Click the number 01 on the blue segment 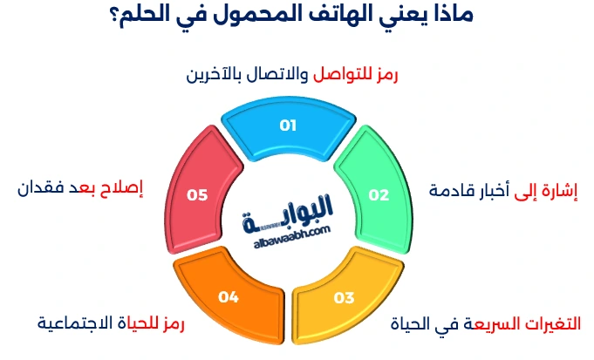(x=288, y=126)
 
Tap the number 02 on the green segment (x=378, y=195)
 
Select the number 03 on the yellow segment (x=344, y=298)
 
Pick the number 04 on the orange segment (x=229, y=298)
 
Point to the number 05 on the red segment (x=197, y=195)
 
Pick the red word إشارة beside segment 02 (x=561, y=190)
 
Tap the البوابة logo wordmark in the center (x=290, y=210)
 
